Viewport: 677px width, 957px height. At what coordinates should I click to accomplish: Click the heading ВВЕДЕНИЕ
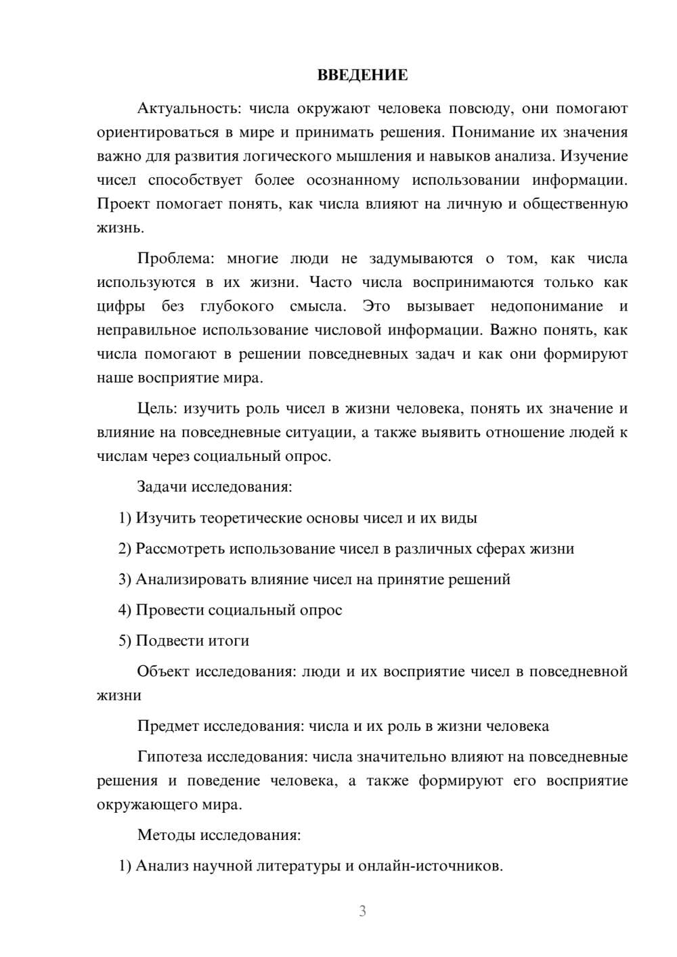tap(362, 75)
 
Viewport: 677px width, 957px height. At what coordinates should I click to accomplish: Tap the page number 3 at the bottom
tap(362, 911)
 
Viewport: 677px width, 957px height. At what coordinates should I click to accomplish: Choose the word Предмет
tap(167, 726)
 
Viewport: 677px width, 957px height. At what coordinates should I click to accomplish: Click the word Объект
tap(163, 671)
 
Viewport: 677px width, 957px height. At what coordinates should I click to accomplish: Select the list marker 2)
tap(125, 549)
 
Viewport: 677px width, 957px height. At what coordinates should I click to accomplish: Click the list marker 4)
tap(125, 610)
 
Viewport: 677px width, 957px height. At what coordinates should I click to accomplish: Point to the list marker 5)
tap(125, 641)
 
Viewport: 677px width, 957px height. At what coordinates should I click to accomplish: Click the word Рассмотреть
tap(180, 549)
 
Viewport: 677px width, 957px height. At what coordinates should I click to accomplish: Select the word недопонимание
tap(546, 307)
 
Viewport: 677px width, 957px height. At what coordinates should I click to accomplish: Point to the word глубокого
tap(237, 307)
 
